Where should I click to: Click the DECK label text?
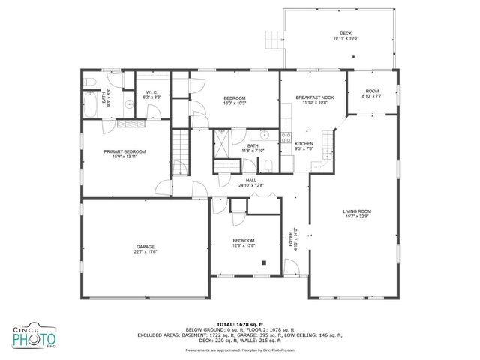pos(346,33)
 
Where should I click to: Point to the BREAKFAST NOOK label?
pos(315,97)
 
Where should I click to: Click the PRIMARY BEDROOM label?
pos(124,151)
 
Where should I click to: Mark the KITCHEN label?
pos(304,144)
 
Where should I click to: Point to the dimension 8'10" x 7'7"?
pos(372,96)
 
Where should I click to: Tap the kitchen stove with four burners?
pos(286,138)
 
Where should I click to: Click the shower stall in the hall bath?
pos(223,143)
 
